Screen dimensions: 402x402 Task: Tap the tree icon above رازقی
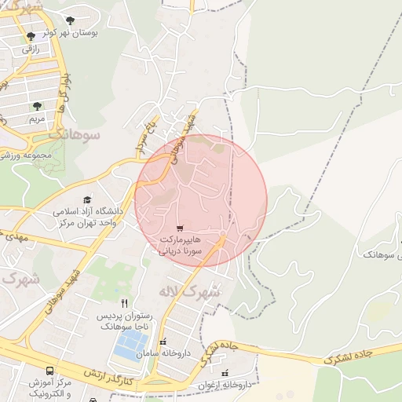coord(31,36)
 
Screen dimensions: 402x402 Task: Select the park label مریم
coord(36,119)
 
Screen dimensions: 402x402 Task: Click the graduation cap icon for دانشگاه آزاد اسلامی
coord(86,199)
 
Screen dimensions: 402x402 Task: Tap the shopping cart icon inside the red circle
coord(181,228)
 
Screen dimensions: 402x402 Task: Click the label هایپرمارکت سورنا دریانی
coord(181,245)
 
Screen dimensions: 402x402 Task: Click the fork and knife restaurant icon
coord(124,302)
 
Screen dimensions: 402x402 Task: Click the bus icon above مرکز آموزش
coord(50,370)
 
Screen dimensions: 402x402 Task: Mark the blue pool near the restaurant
coord(130,343)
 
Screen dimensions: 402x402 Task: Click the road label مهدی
coord(16,236)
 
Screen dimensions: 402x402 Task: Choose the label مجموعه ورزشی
coord(26,155)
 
